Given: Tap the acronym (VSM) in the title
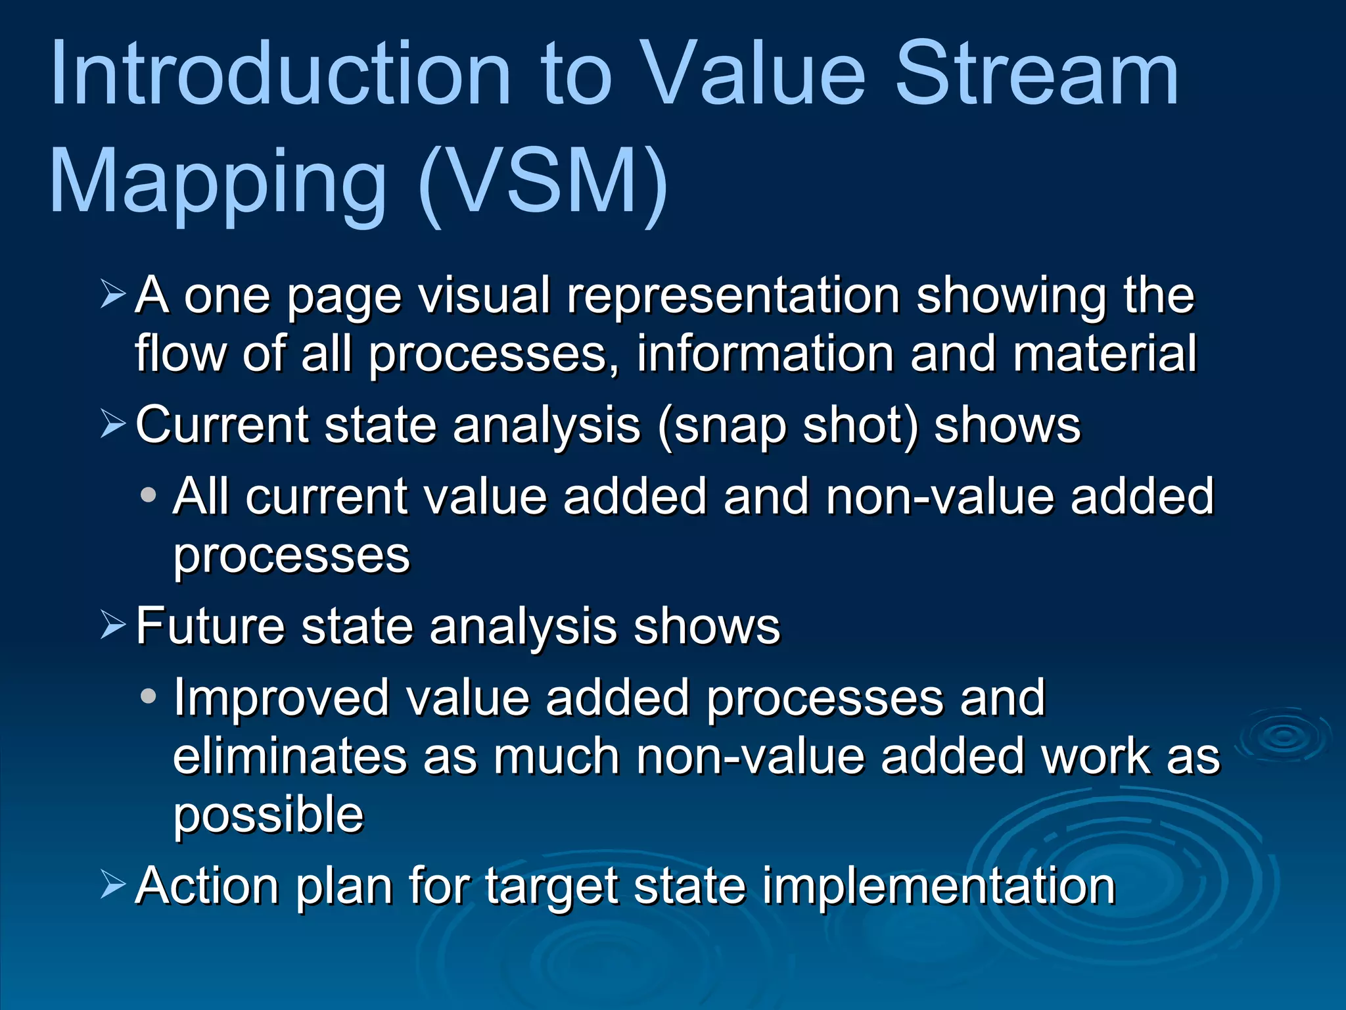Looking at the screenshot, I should (543, 181).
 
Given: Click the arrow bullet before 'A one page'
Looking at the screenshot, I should (113, 294).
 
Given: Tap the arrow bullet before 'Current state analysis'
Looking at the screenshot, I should (113, 423).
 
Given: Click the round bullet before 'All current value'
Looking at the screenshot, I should (149, 494).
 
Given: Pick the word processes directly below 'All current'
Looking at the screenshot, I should (291, 556).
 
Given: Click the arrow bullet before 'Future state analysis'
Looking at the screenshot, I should (113, 625).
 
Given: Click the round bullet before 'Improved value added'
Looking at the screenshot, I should (149, 696).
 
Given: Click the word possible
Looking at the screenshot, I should (268, 815).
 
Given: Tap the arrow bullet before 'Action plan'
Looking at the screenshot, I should (113, 884).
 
